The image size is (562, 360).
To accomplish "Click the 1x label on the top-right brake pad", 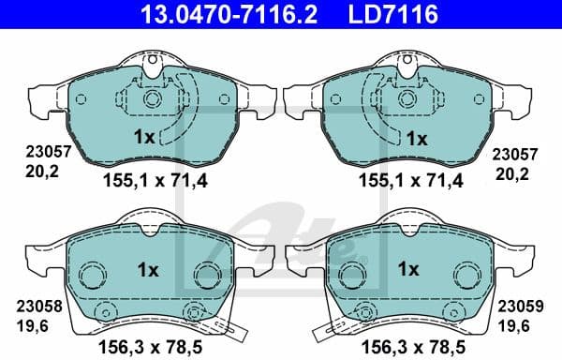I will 416,138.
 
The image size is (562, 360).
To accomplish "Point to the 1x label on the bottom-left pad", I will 147,270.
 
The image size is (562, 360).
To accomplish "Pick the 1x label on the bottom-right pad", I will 408,270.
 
